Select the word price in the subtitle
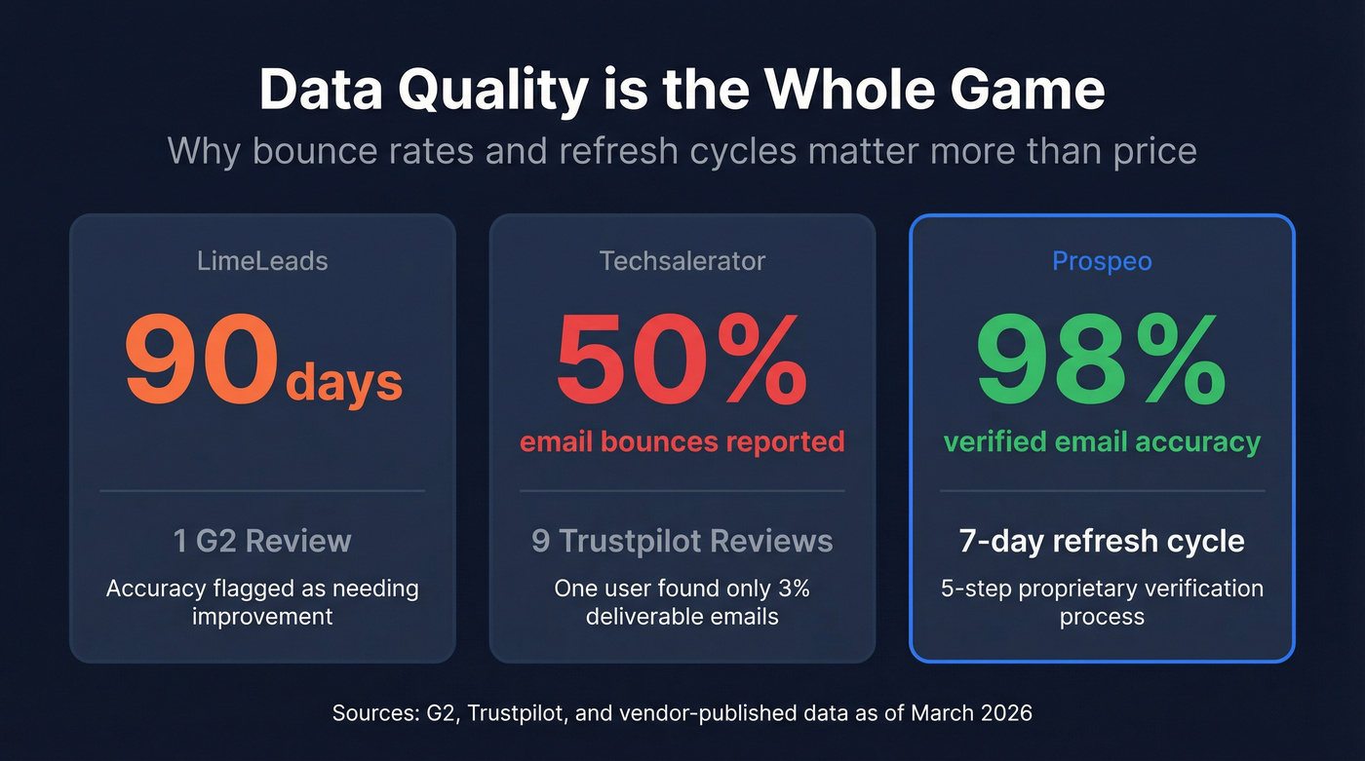(x=1148, y=151)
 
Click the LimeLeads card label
(x=262, y=261)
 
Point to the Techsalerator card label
(x=682, y=261)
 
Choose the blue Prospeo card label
(x=1102, y=261)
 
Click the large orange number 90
(x=201, y=361)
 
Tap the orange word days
(x=343, y=382)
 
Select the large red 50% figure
(x=682, y=361)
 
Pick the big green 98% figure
(x=1102, y=361)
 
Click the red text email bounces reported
(x=682, y=441)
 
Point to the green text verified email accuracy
(x=1102, y=441)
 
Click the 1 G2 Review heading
(x=262, y=541)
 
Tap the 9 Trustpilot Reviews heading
(x=682, y=541)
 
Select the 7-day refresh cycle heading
(x=1102, y=541)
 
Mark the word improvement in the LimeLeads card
(x=262, y=617)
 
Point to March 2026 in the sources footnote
(x=971, y=713)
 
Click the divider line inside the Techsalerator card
(x=682, y=491)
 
